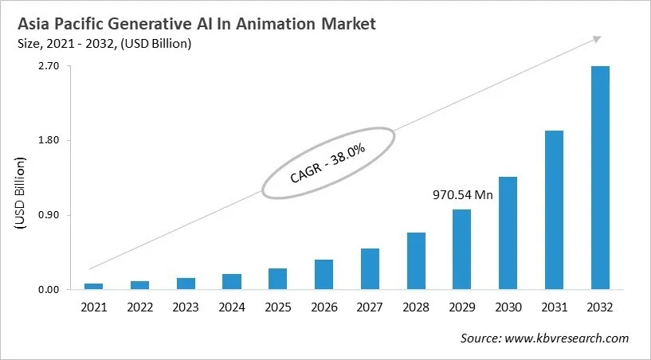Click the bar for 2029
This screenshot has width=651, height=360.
click(x=461, y=249)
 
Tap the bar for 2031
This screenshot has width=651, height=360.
click(x=554, y=209)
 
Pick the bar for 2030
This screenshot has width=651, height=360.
click(x=508, y=233)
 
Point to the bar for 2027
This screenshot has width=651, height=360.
click(x=370, y=268)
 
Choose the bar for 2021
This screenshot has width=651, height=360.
click(x=93, y=286)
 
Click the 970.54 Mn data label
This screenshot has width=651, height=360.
click(x=463, y=194)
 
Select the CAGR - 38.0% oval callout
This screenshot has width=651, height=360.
click(x=327, y=162)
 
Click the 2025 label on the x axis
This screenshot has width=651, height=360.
click(x=277, y=307)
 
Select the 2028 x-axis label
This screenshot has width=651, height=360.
click(x=415, y=307)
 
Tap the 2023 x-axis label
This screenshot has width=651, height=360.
click(x=186, y=307)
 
